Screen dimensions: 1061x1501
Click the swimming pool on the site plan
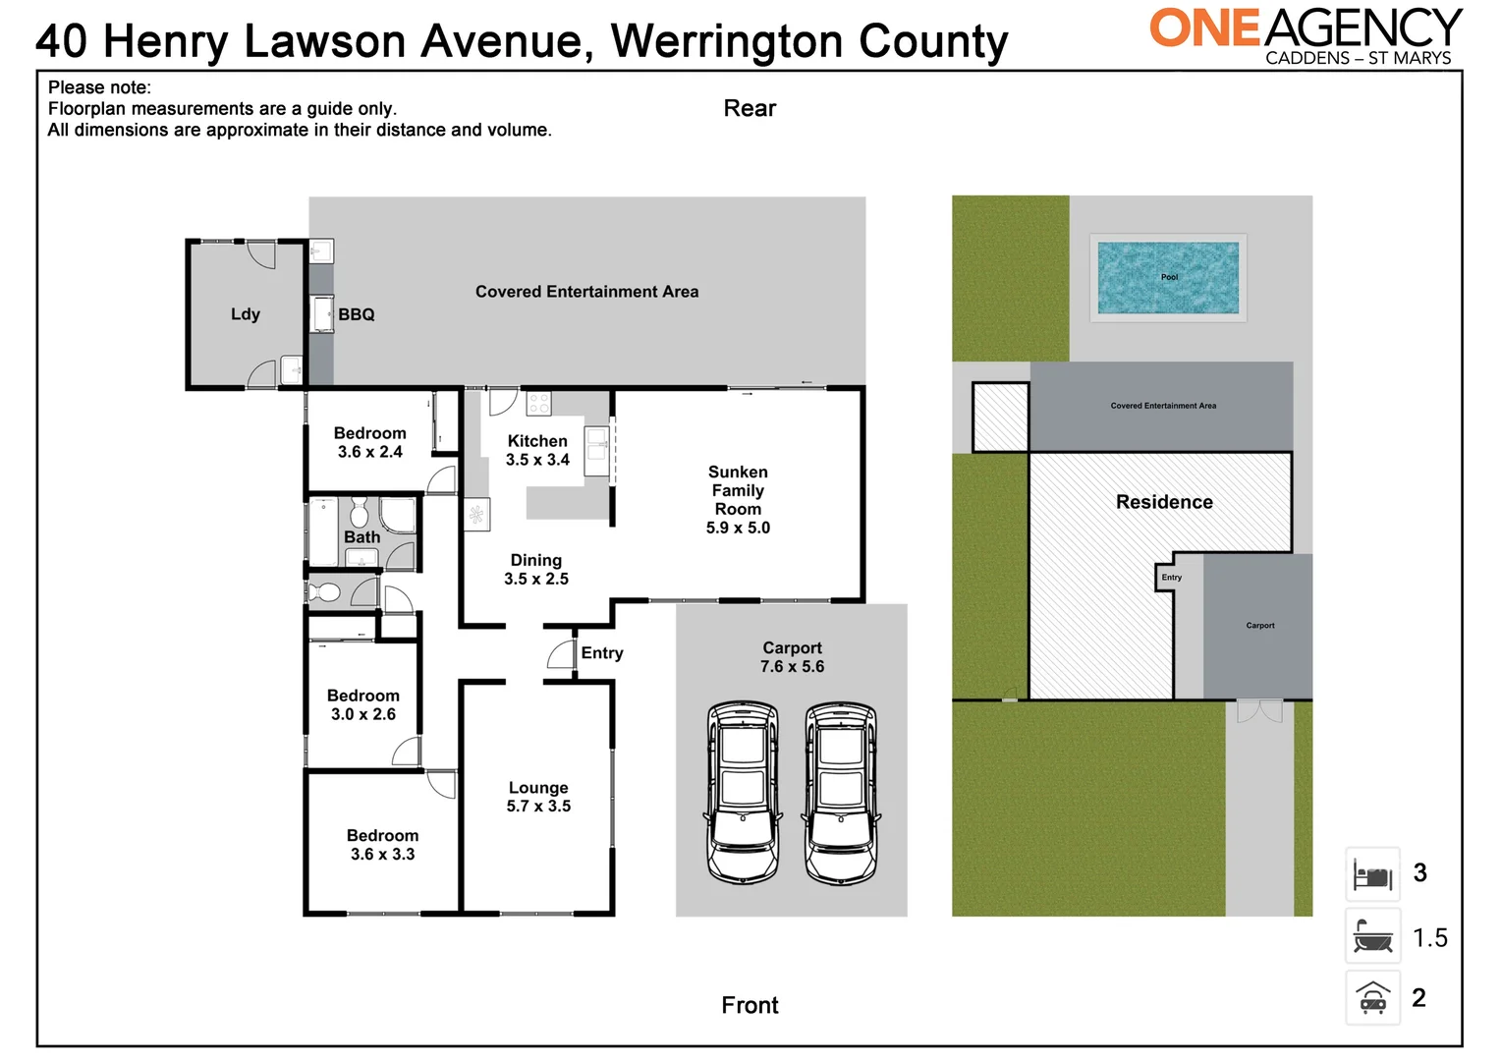[x=1168, y=278]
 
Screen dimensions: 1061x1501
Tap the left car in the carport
[x=743, y=791]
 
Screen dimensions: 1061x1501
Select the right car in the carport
[x=841, y=791]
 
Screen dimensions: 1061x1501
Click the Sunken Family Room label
[x=738, y=499]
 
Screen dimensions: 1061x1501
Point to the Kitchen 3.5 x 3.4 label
[x=537, y=450]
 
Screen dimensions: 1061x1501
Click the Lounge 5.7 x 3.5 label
[x=538, y=797]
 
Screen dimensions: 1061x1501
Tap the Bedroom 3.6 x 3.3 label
[x=382, y=845]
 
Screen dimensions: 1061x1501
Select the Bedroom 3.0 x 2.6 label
[x=363, y=704]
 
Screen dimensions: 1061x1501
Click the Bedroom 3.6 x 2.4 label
[x=370, y=442]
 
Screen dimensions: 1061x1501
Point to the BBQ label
[x=357, y=314]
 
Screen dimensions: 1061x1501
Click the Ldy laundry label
[x=246, y=314]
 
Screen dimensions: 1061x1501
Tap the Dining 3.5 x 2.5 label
[x=536, y=569]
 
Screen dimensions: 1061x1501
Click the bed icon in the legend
[x=1372, y=873]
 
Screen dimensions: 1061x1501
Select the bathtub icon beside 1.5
[x=1372, y=936]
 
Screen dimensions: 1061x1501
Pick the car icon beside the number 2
[x=1372, y=998]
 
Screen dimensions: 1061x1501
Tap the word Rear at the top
[x=750, y=108]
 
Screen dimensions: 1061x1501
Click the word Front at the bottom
[x=750, y=1005]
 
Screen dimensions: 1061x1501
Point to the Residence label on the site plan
[x=1164, y=502]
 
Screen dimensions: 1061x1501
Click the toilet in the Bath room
[x=359, y=513]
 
